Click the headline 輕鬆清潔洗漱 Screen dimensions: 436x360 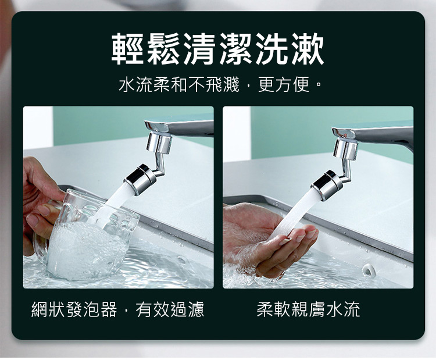click(218, 49)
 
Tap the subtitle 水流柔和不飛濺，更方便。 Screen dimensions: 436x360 click(220, 85)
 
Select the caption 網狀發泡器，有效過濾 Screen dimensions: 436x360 click(118, 309)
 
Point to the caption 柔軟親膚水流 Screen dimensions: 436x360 click(308, 309)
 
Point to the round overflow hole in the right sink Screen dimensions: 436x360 click(367, 270)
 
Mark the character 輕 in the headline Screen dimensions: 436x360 click(128, 49)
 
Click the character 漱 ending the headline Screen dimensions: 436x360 click(308, 49)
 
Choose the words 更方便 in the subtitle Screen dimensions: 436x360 click(284, 85)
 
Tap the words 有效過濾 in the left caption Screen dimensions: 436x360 click(170, 309)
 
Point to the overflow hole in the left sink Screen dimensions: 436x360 click(181, 261)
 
